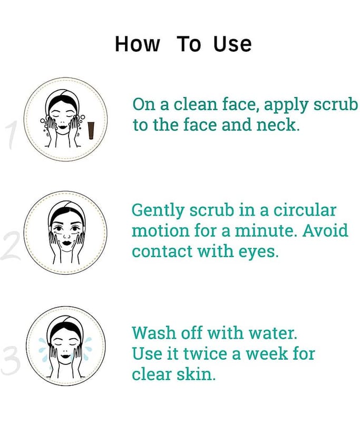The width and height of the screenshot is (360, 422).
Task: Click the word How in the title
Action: tap(138, 44)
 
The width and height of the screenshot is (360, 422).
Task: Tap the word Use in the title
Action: tap(232, 44)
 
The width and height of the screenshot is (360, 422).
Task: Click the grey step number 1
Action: tap(12, 135)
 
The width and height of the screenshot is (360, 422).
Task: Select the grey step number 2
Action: tap(11, 246)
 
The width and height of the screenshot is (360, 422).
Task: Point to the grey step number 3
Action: tap(11, 361)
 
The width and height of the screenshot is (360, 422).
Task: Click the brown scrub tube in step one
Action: tap(91, 130)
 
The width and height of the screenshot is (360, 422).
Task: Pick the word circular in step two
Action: tap(305, 210)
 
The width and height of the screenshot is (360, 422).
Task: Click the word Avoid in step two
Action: tap(325, 231)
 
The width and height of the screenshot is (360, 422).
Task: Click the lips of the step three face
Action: tap(65, 357)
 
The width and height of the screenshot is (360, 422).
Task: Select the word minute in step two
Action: tap(265, 231)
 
